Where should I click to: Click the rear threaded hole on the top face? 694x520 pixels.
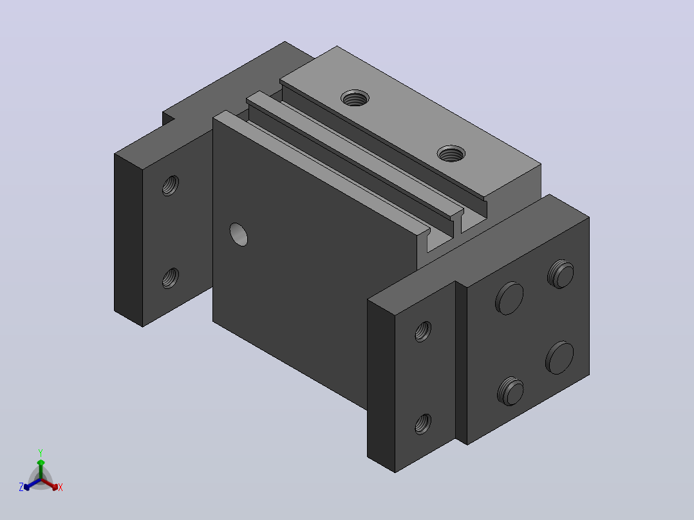[355, 98]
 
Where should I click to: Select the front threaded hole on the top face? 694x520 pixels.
[451, 154]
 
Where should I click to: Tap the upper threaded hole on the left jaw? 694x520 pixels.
[171, 185]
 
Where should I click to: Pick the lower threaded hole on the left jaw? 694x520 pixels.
[171, 279]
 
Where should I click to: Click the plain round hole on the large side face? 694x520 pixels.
[239, 234]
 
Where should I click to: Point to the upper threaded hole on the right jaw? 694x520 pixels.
[423, 331]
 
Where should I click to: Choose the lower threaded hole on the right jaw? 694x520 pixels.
[423, 424]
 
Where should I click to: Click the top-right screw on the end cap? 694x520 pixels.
[560, 274]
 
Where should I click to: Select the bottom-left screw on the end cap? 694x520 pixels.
[511, 392]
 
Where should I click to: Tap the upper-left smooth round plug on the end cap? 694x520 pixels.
[509, 298]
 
